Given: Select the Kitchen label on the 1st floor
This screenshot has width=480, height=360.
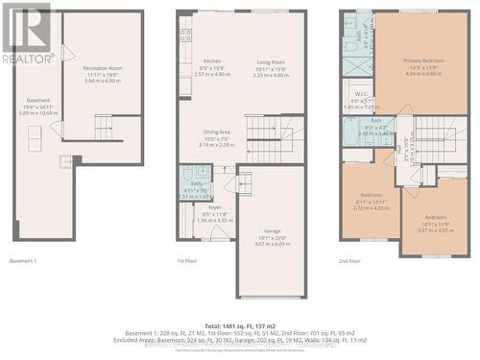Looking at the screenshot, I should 211,61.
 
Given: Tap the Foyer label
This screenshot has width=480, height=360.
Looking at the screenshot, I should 214,207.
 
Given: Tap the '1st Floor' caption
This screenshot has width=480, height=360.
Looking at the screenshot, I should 186,260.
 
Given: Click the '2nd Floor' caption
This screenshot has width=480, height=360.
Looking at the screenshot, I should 350,260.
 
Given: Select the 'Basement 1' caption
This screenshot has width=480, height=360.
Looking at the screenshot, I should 23,260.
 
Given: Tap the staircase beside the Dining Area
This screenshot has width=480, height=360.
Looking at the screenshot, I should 260,129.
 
